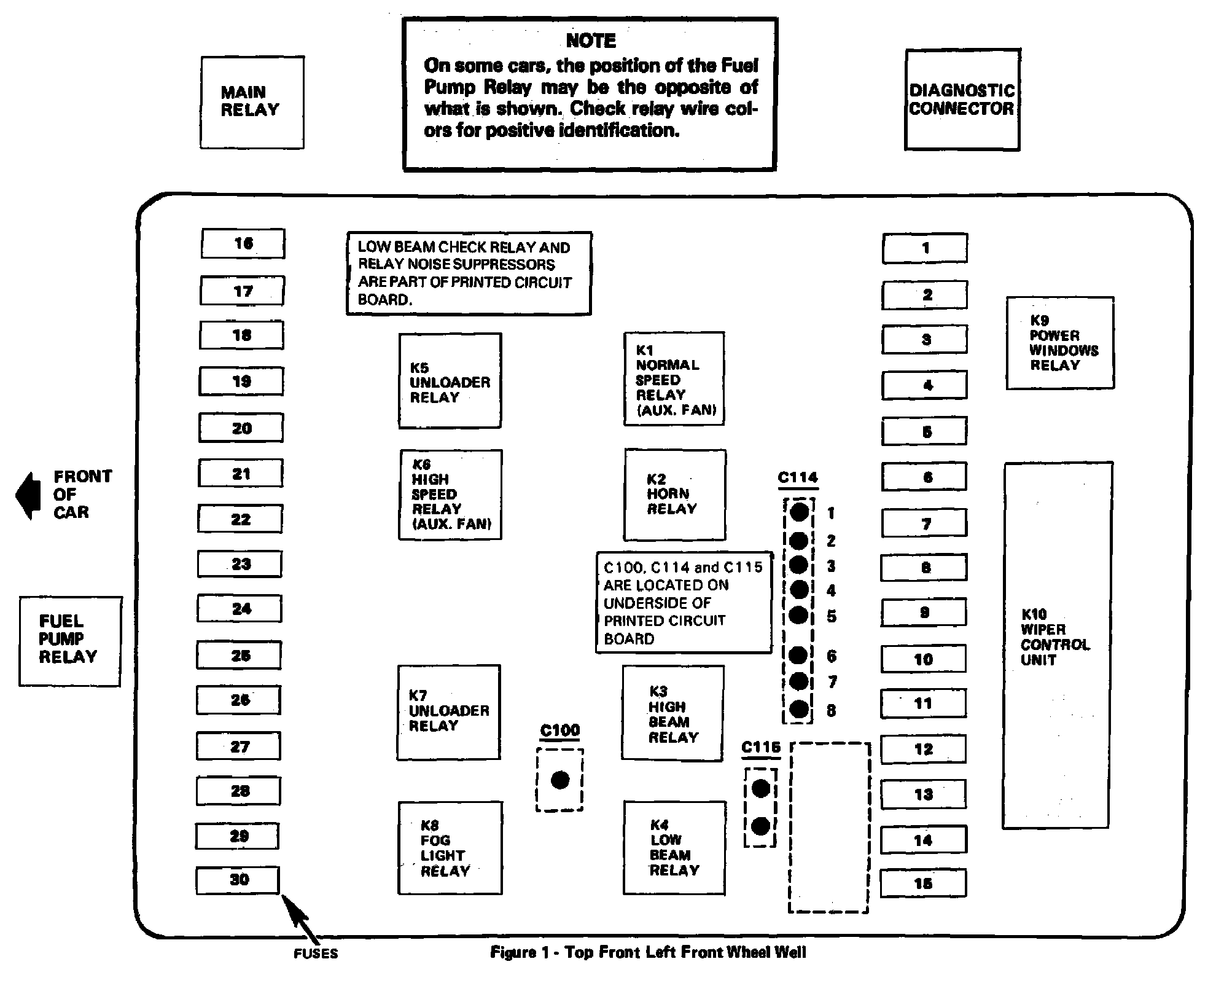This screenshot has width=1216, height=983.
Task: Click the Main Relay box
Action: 252,102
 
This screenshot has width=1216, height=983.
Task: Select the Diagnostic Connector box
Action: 962,100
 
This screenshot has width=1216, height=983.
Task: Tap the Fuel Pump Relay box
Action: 70,640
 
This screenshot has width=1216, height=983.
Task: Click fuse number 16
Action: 243,243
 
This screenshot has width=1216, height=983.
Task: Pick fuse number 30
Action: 238,880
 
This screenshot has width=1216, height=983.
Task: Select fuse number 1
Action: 924,248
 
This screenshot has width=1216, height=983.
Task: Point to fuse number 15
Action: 923,883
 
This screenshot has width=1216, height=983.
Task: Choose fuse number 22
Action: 240,519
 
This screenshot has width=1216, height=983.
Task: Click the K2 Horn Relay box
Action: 675,495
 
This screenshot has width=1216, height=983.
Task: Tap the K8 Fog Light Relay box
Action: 450,847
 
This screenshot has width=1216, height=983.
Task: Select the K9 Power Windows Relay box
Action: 1059,343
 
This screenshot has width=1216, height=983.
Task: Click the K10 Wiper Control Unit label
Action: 1054,636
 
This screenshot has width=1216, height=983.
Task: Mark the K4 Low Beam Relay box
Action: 674,847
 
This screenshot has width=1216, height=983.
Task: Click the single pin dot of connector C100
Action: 559,780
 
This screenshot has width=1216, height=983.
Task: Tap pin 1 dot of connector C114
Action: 798,511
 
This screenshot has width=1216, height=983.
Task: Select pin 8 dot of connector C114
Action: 798,709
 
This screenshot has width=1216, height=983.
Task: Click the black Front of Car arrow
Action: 28,495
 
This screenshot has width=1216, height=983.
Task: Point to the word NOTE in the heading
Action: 590,41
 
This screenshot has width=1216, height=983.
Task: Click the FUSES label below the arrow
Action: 316,954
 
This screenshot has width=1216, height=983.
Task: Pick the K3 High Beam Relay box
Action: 672,713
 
